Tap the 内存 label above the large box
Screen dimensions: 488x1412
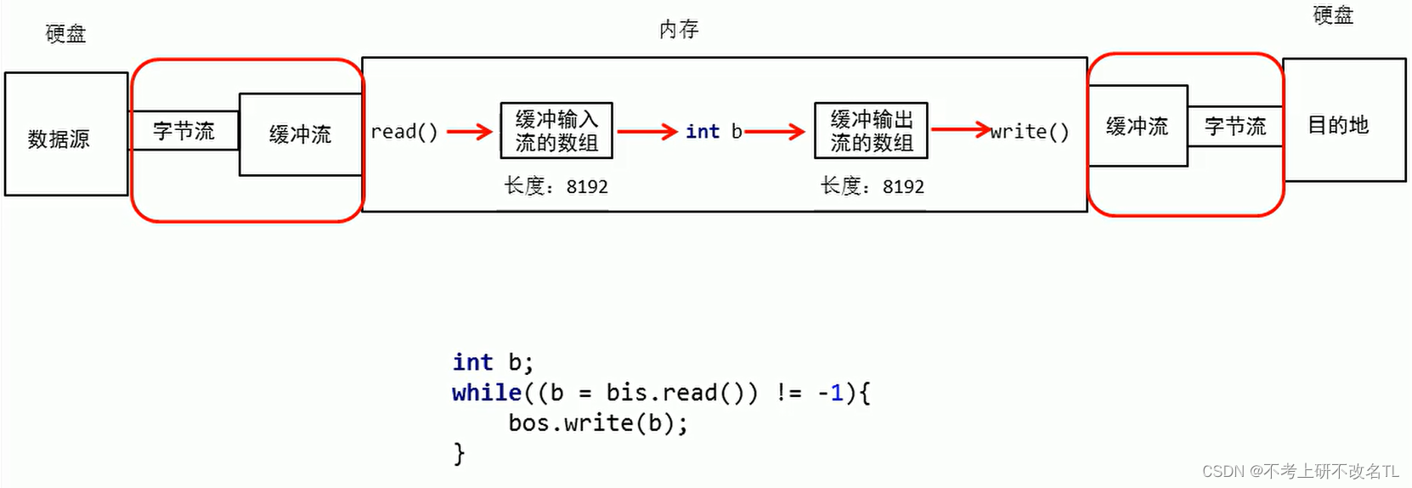pos(678,30)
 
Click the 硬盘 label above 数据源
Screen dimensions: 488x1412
pos(65,34)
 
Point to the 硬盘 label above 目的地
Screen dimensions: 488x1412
pos(1332,15)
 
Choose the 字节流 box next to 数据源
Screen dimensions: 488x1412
pos(184,131)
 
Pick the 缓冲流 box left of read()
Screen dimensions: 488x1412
pos(300,134)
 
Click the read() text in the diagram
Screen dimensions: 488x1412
pos(404,132)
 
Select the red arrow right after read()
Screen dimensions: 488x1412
pos(470,131)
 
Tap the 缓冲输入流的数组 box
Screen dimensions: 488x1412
pos(556,131)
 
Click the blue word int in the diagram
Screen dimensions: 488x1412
pos(703,132)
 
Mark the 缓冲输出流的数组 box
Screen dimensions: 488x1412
pos(871,131)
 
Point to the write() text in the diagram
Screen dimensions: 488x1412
pos(1029,132)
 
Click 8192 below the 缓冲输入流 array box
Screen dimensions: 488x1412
pos(587,187)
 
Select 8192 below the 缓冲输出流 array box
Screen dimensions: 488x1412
pos(903,187)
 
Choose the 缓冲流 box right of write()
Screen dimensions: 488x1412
pos(1137,127)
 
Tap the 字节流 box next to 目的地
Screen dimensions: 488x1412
pos(1235,127)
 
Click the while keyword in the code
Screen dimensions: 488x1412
pos(487,393)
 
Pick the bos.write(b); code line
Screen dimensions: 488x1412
pos(597,423)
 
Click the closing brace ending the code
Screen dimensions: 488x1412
pos(459,453)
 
